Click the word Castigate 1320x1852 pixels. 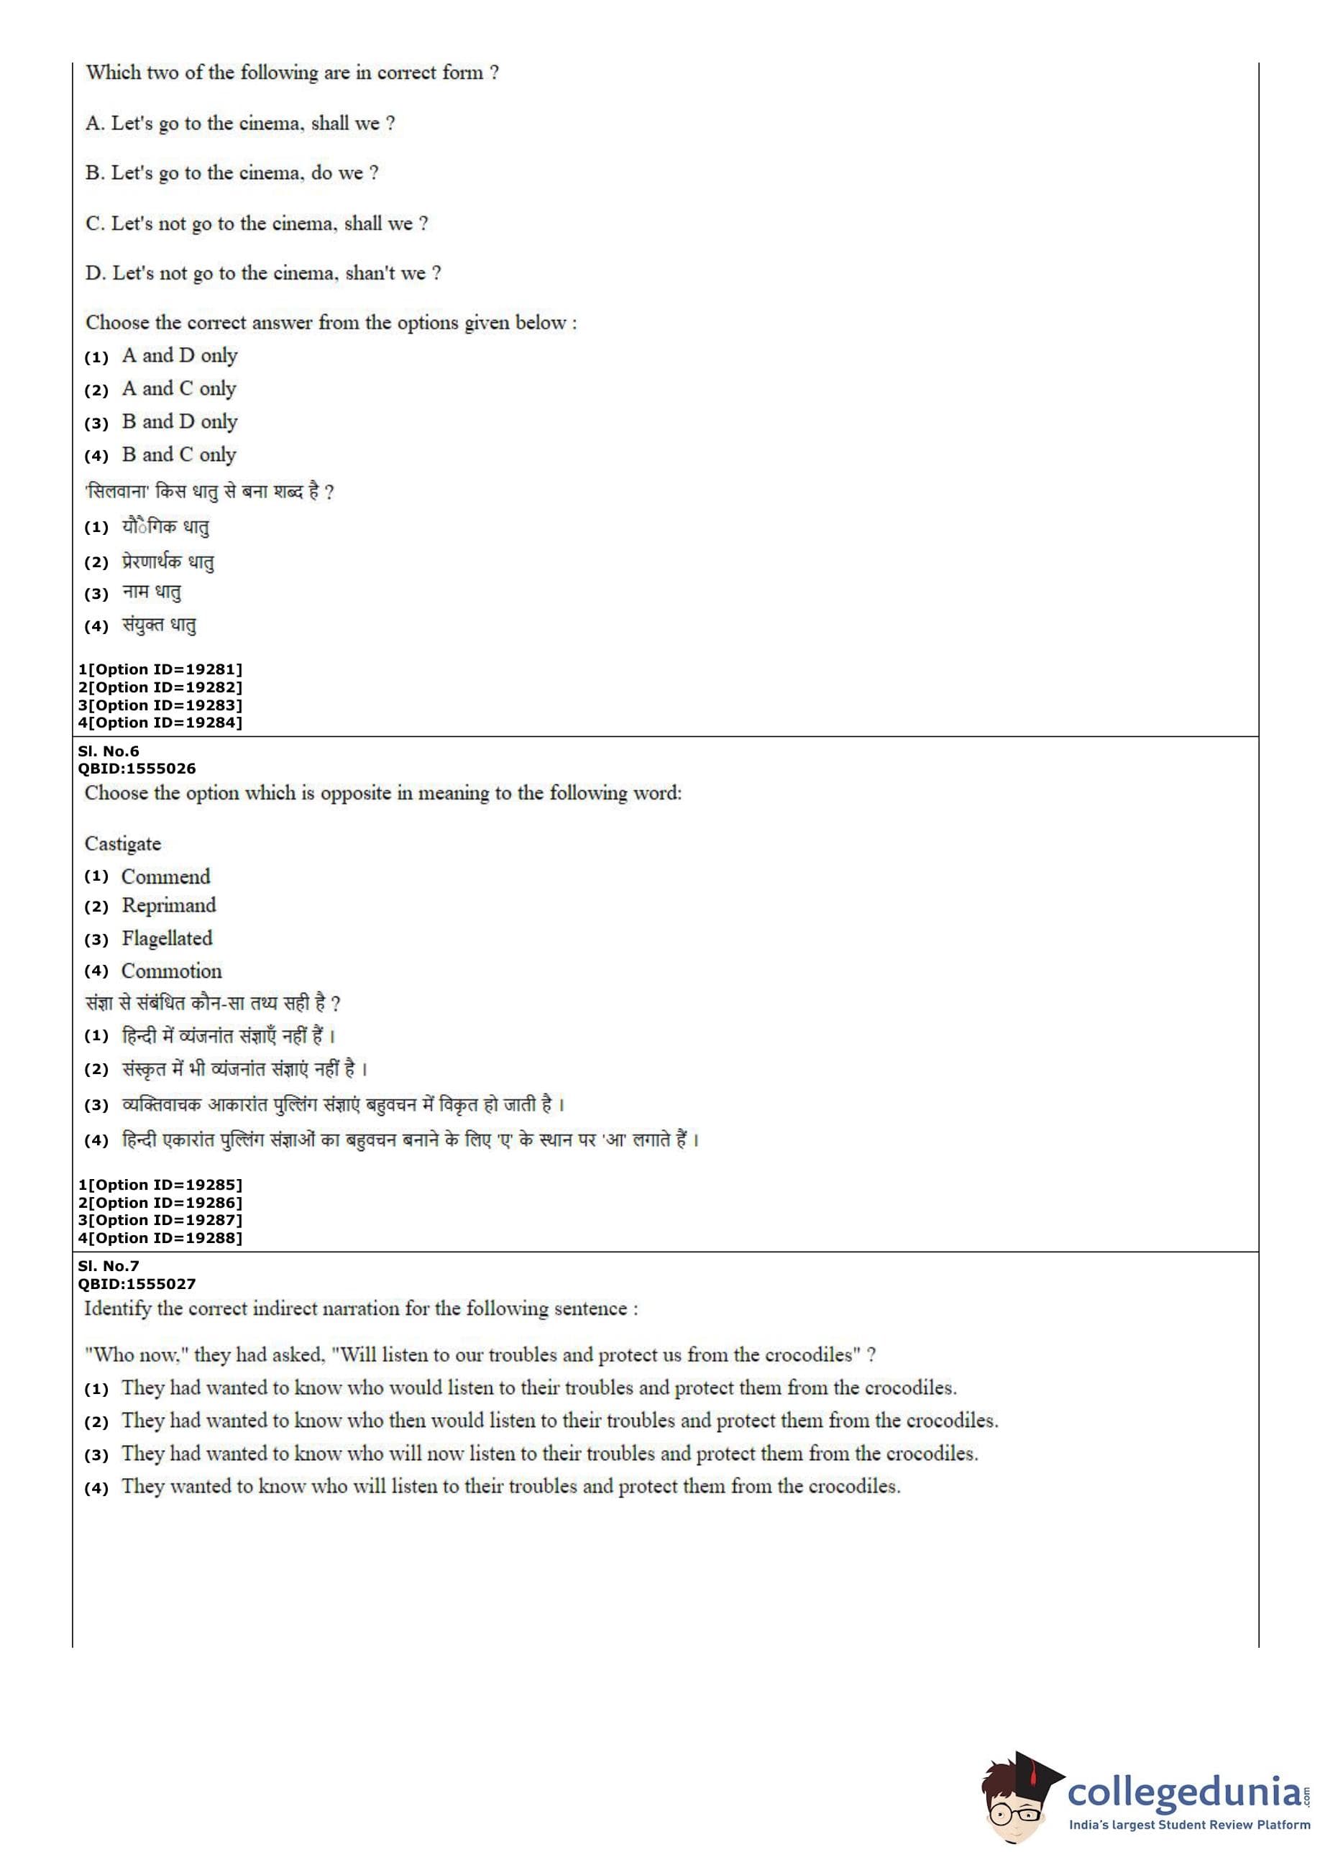pos(123,843)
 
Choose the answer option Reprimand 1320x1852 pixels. pos(169,905)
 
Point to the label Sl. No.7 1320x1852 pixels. pos(109,1265)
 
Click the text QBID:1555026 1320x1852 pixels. pos(137,768)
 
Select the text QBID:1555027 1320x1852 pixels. pos(137,1283)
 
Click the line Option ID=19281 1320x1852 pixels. pos(160,669)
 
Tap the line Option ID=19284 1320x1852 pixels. pos(160,723)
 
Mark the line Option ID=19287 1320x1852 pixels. pos(160,1220)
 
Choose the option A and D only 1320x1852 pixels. pos(180,355)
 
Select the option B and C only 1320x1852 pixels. pos(179,454)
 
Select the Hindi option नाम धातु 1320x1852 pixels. pos(152,592)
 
